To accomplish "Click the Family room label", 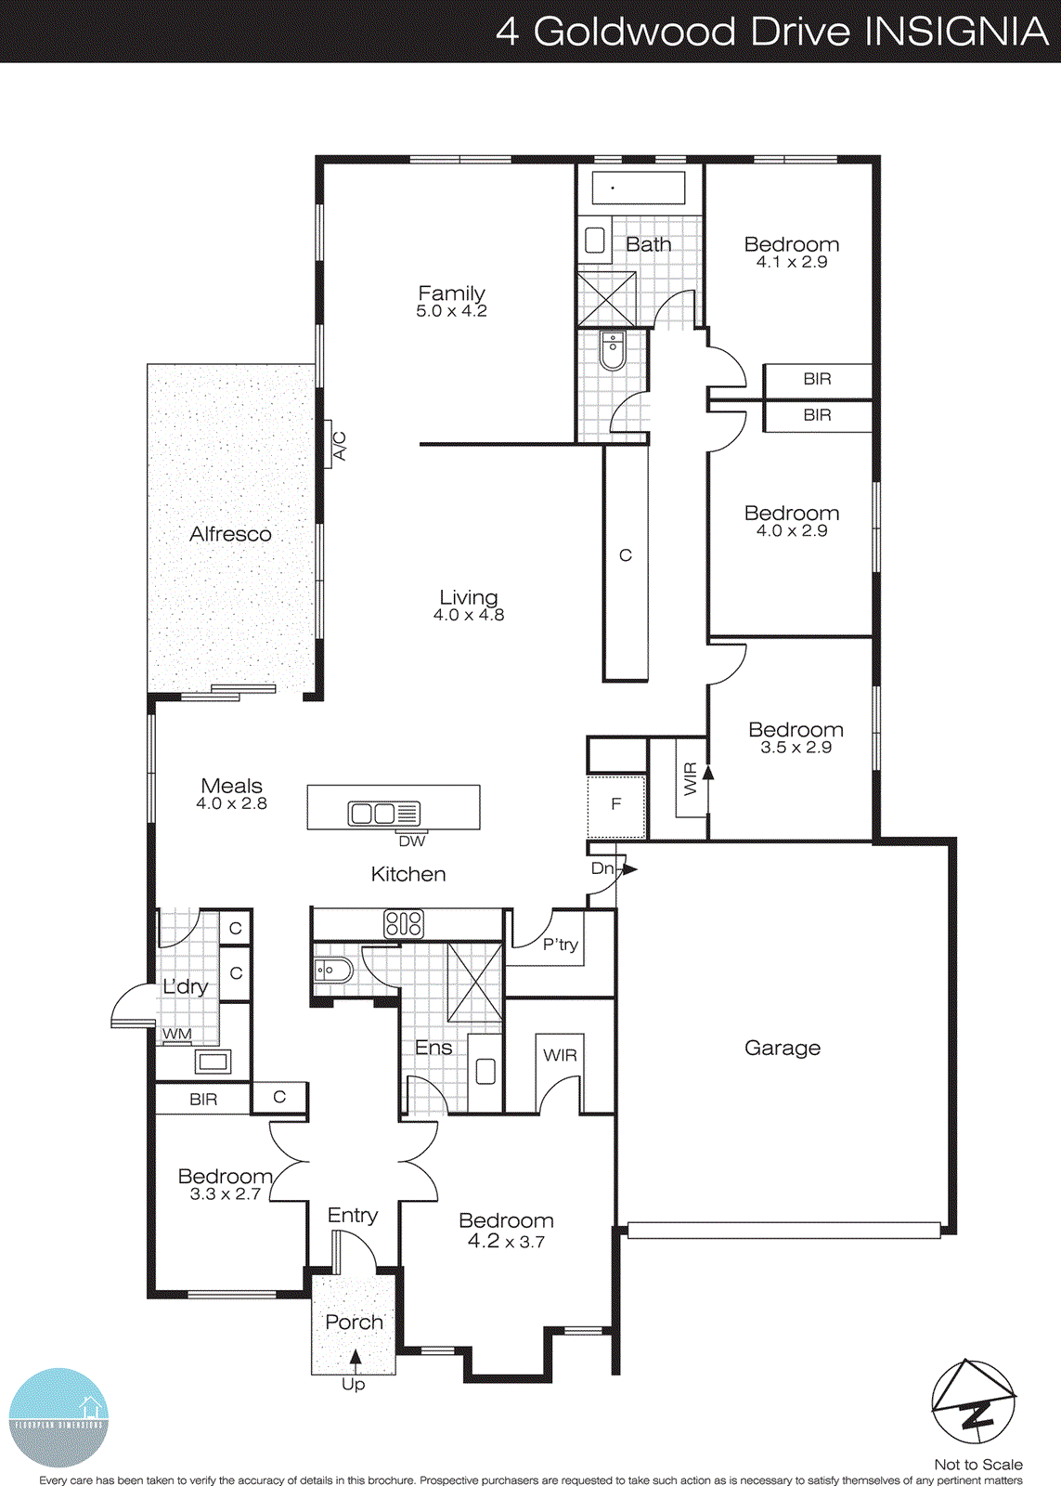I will tap(451, 293).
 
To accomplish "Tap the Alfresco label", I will tap(230, 534).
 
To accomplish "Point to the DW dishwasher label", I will tap(411, 841).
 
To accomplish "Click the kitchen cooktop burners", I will tap(404, 923).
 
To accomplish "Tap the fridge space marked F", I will tap(615, 805).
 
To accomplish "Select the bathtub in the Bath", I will tap(639, 188).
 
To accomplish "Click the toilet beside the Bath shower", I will tap(613, 351).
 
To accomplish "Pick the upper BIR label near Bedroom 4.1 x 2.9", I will tap(817, 379).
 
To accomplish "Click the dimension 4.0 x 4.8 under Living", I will tap(469, 615).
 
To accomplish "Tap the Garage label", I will tap(783, 1048).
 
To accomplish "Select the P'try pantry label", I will tap(561, 945).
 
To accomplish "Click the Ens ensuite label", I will tap(433, 1048).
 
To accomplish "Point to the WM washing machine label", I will tap(177, 1034).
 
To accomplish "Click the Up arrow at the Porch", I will tap(355, 1361).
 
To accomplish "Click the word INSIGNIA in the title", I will tap(956, 32).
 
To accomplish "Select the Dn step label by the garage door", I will tap(603, 868).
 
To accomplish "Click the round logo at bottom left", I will tap(58, 1417).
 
